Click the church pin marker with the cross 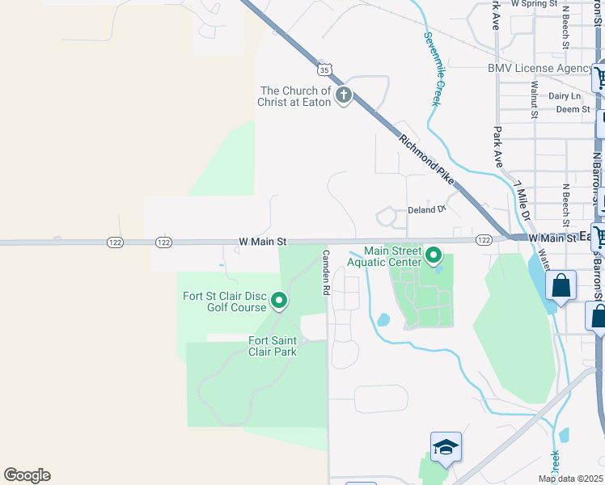(344, 96)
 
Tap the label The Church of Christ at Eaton (294, 96)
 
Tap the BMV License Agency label (539, 69)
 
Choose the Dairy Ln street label (565, 95)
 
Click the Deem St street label (573, 108)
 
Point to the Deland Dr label (426, 209)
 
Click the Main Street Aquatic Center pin (434, 256)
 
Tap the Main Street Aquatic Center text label (383, 256)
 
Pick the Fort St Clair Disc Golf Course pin (279, 302)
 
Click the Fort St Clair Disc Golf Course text (225, 302)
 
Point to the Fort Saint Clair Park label (273, 346)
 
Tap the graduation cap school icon (445, 447)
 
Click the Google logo (27, 475)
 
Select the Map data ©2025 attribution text (570, 479)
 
